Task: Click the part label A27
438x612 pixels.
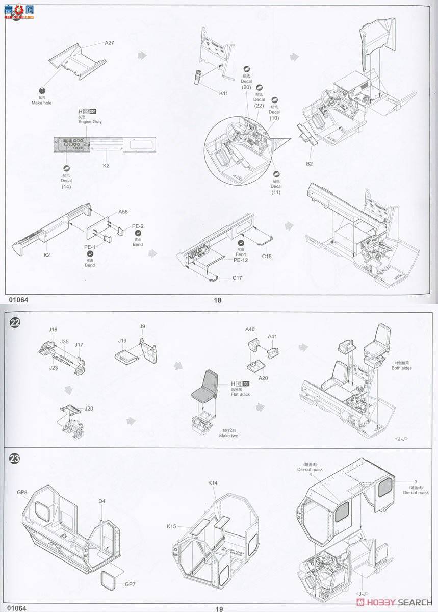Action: [109, 43]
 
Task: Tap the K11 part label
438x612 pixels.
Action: [224, 93]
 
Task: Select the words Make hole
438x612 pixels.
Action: [41, 103]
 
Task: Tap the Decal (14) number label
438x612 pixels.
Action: [66, 186]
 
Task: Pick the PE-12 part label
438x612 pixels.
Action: [241, 260]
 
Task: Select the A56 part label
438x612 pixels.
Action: [123, 212]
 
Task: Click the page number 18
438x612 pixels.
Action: [218, 300]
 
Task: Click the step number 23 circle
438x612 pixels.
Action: [15, 457]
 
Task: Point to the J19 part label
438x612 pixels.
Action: [122, 340]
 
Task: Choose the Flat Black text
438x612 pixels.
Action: [241, 394]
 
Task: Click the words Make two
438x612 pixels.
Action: [229, 436]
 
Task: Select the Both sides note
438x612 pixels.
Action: [401, 368]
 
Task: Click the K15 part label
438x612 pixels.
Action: [171, 526]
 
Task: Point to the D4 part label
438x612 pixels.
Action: [102, 501]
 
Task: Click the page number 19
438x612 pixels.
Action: [219, 608]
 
